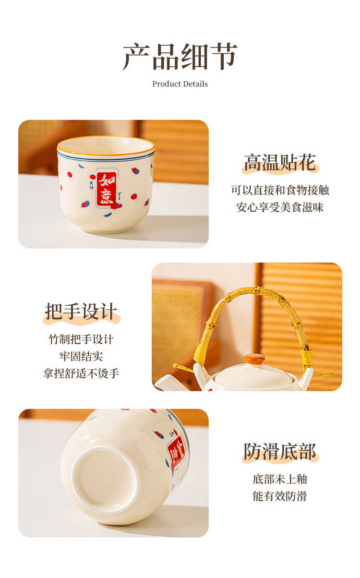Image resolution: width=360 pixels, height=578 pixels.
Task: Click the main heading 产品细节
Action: (180, 57)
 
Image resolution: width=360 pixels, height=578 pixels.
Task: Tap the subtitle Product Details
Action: (180, 84)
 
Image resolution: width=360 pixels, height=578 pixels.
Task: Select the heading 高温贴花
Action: (280, 163)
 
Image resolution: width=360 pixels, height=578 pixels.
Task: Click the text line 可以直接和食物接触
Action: (280, 190)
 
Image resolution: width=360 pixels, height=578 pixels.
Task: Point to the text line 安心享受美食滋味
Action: (280, 207)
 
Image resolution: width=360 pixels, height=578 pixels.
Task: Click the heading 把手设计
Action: (81, 312)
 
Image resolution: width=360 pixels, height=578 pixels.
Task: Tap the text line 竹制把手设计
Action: (81, 339)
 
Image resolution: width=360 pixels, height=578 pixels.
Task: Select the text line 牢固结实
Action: (81, 356)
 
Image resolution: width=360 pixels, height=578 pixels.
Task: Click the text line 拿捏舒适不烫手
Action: (81, 373)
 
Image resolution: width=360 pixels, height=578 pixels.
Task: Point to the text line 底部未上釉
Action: (280, 479)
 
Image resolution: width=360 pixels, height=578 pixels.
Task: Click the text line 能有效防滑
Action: (280, 496)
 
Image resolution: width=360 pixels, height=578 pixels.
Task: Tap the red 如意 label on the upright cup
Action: (107, 189)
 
